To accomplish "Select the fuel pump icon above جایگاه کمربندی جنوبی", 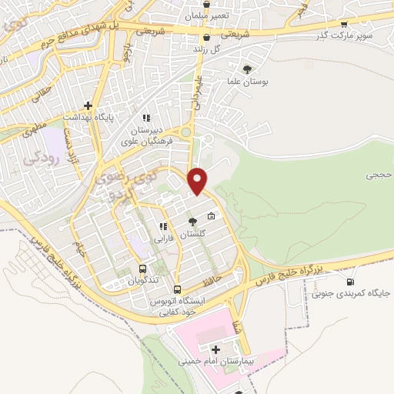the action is click(x=352, y=282).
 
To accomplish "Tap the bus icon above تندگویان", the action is click(x=142, y=269).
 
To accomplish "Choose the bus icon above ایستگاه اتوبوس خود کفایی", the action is click(x=178, y=289).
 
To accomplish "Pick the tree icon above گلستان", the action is click(x=192, y=222).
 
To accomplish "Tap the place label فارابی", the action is click(x=163, y=238).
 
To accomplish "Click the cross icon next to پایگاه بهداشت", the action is click(x=88, y=105).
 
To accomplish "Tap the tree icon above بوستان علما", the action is click(x=246, y=69).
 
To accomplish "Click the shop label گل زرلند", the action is click(x=206, y=48).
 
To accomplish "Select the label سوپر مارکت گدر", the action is click(x=343, y=36).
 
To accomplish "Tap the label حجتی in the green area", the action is click(x=379, y=175).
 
